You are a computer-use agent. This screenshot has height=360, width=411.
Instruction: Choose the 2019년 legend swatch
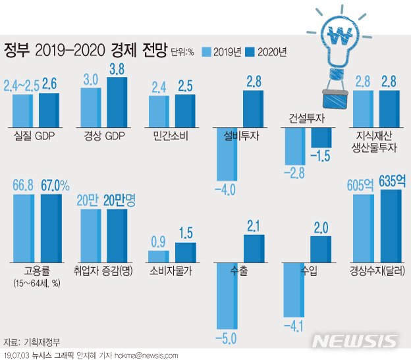(206, 51)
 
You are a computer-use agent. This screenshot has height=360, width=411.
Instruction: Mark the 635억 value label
(389, 182)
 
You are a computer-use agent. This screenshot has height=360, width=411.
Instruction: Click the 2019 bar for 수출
(227, 296)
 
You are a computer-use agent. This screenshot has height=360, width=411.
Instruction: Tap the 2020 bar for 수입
(322, 249)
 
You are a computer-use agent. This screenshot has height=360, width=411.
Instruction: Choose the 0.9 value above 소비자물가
(158, 242)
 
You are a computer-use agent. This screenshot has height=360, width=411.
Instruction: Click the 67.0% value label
(55, 185)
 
